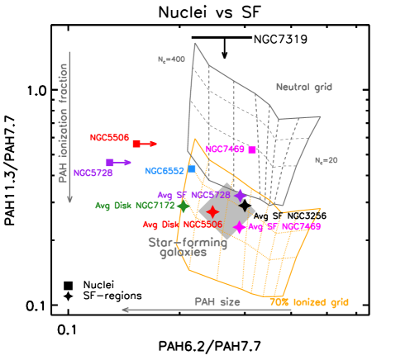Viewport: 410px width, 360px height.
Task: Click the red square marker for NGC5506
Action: [136, 144]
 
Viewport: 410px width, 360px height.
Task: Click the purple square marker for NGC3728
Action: [109, 163]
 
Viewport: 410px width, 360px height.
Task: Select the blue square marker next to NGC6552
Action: [192, 168]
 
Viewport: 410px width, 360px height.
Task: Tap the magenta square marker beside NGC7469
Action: [251, 149]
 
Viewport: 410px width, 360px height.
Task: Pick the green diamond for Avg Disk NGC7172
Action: [183, 206]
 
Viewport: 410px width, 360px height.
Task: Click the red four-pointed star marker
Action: [212, 211]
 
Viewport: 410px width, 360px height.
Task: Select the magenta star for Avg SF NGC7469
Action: [240, 227]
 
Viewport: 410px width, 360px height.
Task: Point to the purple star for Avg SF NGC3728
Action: [240, 196]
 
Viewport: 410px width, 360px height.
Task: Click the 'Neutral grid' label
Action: [303, 87]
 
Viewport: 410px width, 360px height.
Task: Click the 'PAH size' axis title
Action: [217, 302]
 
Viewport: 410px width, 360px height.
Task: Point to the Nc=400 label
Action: [171, 59]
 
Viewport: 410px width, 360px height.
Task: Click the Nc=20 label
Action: [326, 160]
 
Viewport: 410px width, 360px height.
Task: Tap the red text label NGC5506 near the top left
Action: [109, 138]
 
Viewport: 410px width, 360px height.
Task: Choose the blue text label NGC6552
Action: [164, 171]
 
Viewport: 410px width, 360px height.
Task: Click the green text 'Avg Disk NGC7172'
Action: [135, 206]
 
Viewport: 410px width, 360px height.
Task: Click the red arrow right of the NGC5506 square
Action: [149, 144]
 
